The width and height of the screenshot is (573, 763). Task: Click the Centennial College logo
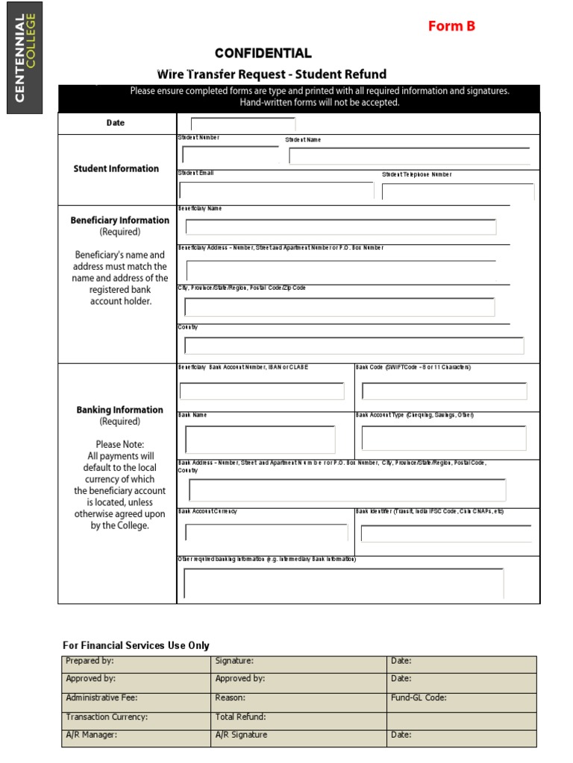(x=25, y=57)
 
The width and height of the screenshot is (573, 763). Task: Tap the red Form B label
(x=451, y=26)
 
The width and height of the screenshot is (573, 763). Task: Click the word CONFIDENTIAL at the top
(x=263, y=53)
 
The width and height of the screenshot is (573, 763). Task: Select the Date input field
(x=242, y=124)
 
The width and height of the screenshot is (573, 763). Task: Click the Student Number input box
(x=230, y=155)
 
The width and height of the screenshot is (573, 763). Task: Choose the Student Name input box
(x=409, y=156)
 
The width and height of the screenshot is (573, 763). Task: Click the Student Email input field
(x=275, y=191)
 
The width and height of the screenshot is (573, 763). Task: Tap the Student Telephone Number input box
(x=457, y=191)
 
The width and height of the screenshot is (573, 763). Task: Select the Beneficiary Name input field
(x=340, y=227)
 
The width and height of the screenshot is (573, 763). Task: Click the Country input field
(x=354, y=346)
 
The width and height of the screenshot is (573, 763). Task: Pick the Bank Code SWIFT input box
(x=444, y=391)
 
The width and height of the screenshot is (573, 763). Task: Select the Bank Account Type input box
(x=444, y=438)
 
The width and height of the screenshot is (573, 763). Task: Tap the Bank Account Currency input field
(x=266, y=533)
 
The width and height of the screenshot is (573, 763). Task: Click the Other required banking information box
(x=343, y=583)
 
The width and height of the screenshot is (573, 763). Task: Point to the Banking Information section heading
(x=119, y=410)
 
